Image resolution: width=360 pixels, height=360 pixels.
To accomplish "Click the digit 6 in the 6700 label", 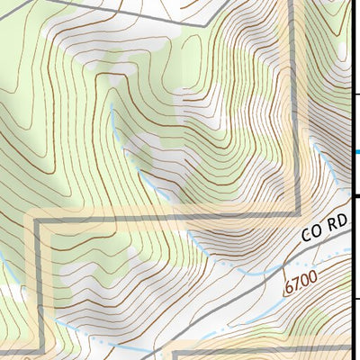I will click(289, 290).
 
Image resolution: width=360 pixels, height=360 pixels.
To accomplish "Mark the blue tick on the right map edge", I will click(355, 152).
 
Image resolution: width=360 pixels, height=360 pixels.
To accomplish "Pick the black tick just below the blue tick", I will click(355, 196).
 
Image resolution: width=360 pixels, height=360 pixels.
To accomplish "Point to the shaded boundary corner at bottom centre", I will click(171, 351).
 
